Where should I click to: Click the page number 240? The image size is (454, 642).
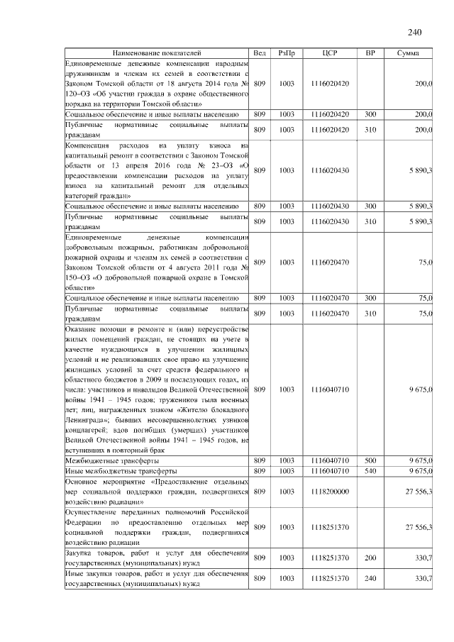click(415, 32)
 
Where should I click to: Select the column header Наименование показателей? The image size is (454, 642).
click(156, 53)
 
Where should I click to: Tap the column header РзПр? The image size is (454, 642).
click(287, 53)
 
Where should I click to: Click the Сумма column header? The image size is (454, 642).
click(407, 53)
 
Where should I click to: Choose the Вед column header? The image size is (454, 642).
click(260, 53)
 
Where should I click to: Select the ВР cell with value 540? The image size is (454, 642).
click(370, 471)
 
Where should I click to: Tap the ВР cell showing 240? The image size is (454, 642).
click(370, 579)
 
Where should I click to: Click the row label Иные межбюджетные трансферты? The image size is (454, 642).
click(106, 471)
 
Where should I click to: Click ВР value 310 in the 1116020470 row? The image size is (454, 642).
click(370, 313)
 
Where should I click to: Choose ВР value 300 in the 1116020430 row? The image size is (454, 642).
click(370, 206)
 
